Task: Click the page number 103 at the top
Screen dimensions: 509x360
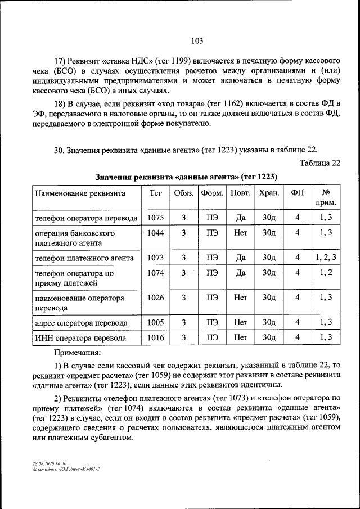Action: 196,40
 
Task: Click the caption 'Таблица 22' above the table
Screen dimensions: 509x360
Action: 321,163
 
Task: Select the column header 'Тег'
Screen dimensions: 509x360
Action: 155,193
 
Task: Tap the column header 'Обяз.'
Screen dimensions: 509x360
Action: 183,193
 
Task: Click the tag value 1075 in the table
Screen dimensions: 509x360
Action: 155,218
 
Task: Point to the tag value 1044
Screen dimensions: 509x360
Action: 155,232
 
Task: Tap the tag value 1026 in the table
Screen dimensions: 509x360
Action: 155,298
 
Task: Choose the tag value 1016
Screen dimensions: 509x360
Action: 155,337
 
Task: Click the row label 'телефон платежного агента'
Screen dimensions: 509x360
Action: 84,258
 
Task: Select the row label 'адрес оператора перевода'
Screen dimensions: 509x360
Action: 81,323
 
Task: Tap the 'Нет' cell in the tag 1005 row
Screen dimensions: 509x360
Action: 241,322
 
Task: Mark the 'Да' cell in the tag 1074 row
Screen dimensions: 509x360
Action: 241,273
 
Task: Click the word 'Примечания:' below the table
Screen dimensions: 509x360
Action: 76,353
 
